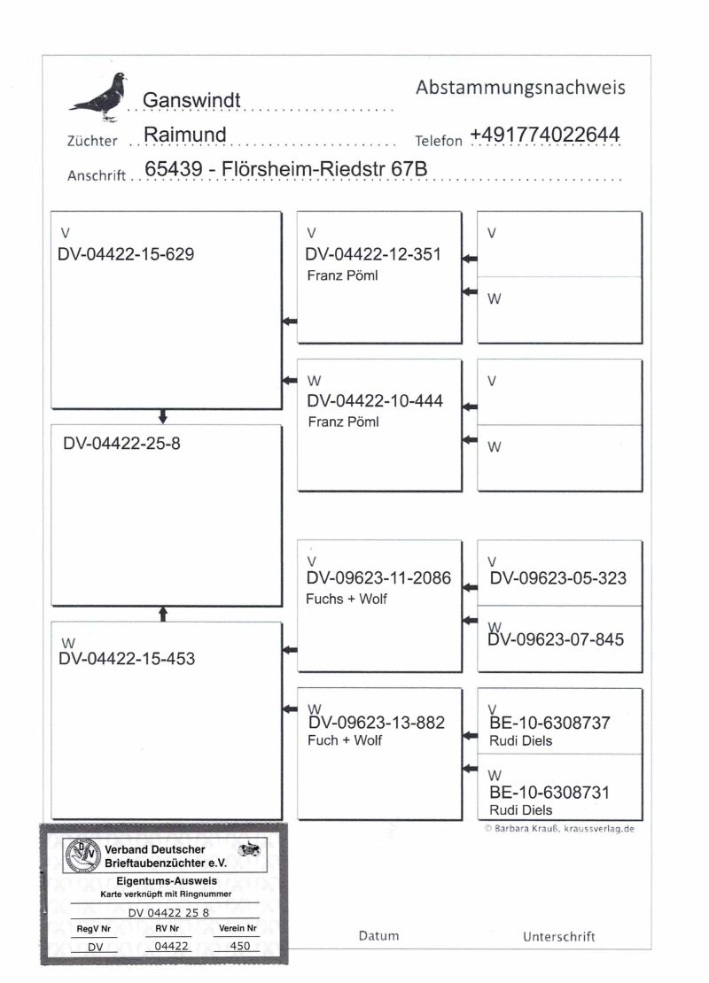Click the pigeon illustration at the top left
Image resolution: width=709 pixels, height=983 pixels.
100,97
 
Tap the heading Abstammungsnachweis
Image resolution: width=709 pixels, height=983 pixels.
520,88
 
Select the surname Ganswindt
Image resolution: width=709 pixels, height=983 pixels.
192,100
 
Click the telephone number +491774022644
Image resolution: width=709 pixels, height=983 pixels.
544,135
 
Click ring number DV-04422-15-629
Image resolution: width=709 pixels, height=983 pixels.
126,254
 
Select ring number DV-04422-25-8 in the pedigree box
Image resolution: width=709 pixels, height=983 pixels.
121,443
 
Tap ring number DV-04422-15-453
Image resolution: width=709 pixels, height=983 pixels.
127,659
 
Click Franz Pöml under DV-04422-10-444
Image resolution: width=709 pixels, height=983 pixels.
343,422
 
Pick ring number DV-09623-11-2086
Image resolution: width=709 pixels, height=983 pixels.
378,578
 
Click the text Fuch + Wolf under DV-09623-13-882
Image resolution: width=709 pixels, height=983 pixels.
344,740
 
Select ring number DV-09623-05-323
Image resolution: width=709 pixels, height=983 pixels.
557,578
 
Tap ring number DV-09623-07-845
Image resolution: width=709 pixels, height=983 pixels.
557,639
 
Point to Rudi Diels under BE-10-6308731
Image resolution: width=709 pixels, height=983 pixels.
520,809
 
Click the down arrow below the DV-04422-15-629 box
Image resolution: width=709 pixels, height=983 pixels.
163,416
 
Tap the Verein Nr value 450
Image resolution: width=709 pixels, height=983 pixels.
238,946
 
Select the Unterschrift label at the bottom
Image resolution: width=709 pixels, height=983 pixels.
559,936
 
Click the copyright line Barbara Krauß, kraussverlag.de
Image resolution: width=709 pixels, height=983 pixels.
560,829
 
